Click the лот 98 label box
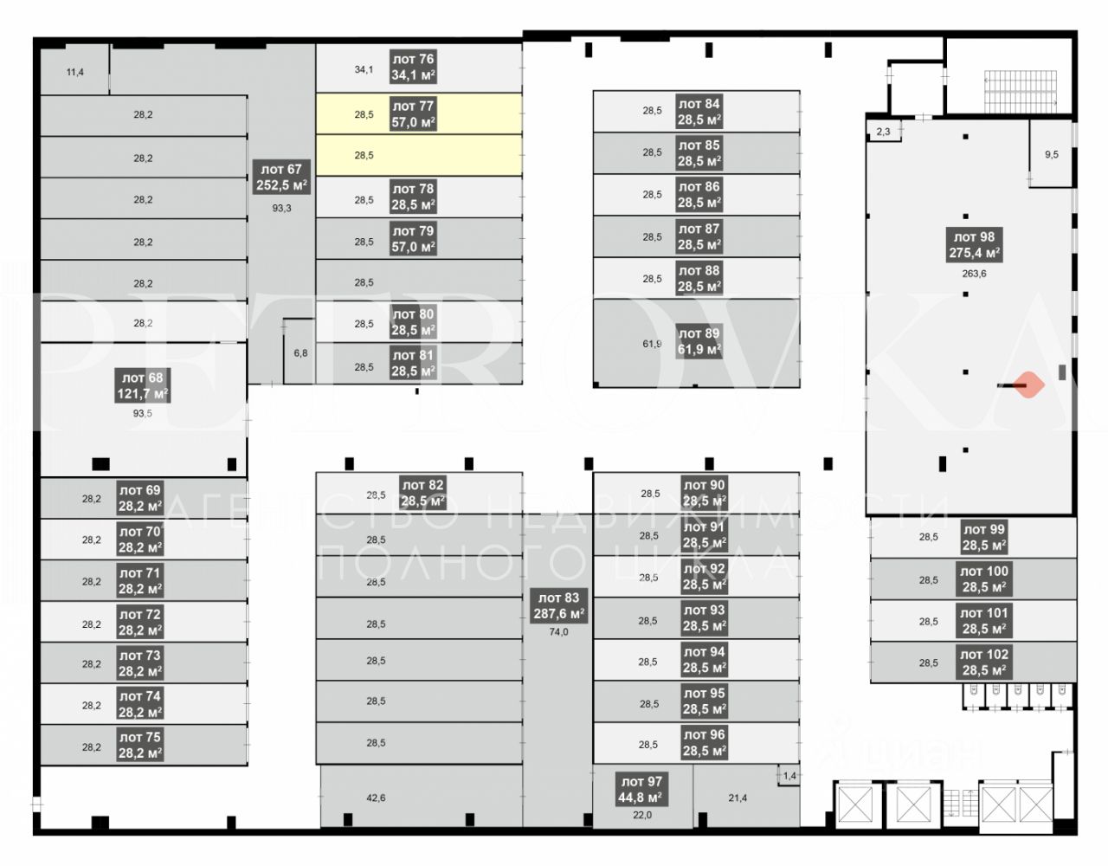pos(974,245)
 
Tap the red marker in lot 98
pos(1028,385)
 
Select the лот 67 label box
pos(281,177)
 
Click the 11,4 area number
pos(75,73)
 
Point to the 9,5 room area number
pos(1052,154)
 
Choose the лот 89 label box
pos(699,341)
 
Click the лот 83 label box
pos(559,605)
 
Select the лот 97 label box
pos(641,789)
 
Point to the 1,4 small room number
pos(789,776)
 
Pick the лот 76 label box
pos(413,67)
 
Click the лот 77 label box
pos(413,113)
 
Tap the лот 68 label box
pos(142,385)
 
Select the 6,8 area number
pos(300,353)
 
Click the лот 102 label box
pos(984,662)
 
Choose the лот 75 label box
pos(139,745)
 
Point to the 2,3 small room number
pos(883,132)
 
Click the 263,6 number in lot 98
pos(974,274)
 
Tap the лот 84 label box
pos(699,111)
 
